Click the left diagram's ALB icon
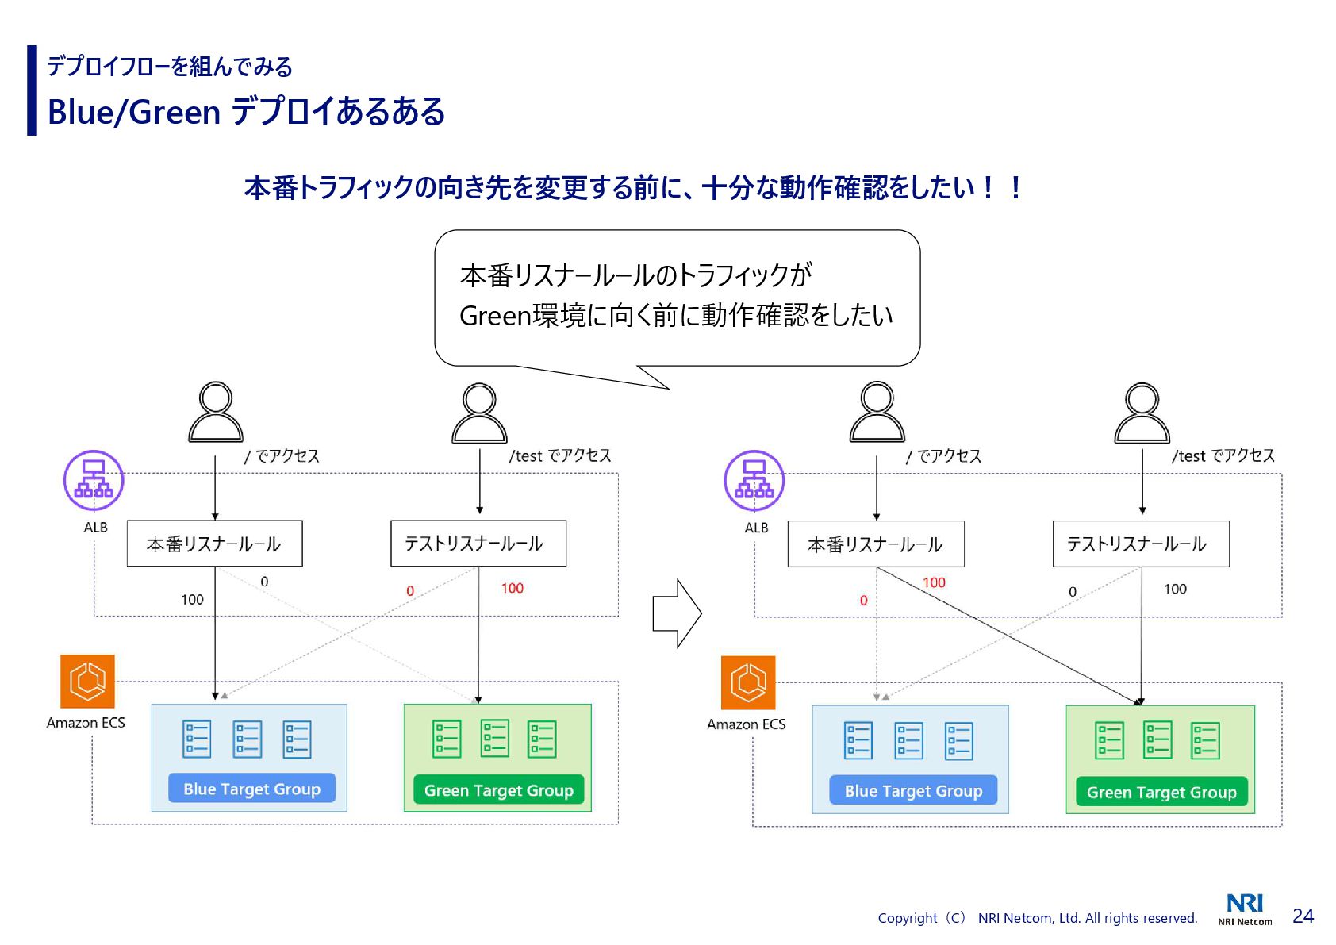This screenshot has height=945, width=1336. coord(94,481)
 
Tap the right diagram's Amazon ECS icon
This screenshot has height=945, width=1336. coord(747,682)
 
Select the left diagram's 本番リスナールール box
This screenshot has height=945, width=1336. coord(214,544)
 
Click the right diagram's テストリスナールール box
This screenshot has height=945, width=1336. coord(1140,544)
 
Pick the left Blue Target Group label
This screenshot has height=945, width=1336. coord(251,789)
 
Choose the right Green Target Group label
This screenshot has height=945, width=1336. coord(1161,792)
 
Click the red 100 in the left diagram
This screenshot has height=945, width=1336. coord(512,588)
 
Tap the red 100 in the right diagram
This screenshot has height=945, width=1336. coord(934,582)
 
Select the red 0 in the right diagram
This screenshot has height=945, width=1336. coord(864,601)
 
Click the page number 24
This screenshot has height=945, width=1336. coord(1303,916)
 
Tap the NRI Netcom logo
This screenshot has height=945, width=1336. coord(1245,909)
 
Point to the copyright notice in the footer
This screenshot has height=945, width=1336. coord(1037,918)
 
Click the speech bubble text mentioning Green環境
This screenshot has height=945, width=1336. coord(676,316)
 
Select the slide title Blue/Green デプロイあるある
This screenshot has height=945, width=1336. coord(246,112)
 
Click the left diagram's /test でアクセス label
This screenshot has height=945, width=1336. coord(560,455)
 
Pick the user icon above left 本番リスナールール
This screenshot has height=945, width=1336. coord(216,412)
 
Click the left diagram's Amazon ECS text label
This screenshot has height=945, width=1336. coord(86,723)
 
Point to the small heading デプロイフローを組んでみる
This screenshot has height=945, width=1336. coord(170,67)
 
